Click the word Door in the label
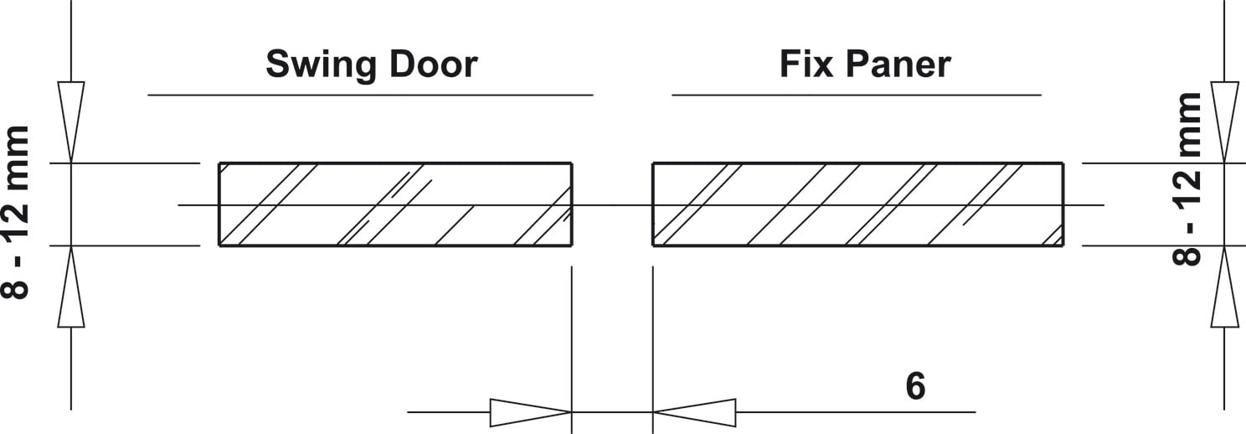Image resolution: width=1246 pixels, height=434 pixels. [433, 64]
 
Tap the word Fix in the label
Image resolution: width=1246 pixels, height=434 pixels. [806, 64]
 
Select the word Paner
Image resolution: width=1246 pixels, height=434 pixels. [898, 65]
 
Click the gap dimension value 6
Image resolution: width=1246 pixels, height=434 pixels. [915, 386]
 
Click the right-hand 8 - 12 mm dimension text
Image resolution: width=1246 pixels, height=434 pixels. [1187, 179]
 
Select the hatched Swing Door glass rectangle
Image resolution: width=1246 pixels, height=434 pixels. [395, 204]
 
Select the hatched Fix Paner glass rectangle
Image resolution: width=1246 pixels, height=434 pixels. [857, 204]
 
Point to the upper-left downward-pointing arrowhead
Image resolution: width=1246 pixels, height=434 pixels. [71, 122]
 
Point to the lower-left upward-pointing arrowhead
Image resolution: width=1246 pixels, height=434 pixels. [71, 287]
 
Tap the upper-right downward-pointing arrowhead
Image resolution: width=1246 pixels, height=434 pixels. [1225, 122]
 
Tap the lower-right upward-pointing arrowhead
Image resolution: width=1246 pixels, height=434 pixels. [1225, 287]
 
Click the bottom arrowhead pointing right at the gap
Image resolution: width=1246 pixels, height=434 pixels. [531, 412]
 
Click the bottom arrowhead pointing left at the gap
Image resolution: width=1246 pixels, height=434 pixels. [694, 412]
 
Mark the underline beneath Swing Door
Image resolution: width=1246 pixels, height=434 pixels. [370, 96]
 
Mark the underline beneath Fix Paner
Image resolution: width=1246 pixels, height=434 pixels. [857, 96]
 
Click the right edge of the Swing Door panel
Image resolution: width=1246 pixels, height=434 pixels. [572, 204]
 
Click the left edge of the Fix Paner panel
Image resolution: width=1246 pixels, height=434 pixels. [653, 204]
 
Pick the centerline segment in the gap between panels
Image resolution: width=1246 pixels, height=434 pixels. [612, 205]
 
